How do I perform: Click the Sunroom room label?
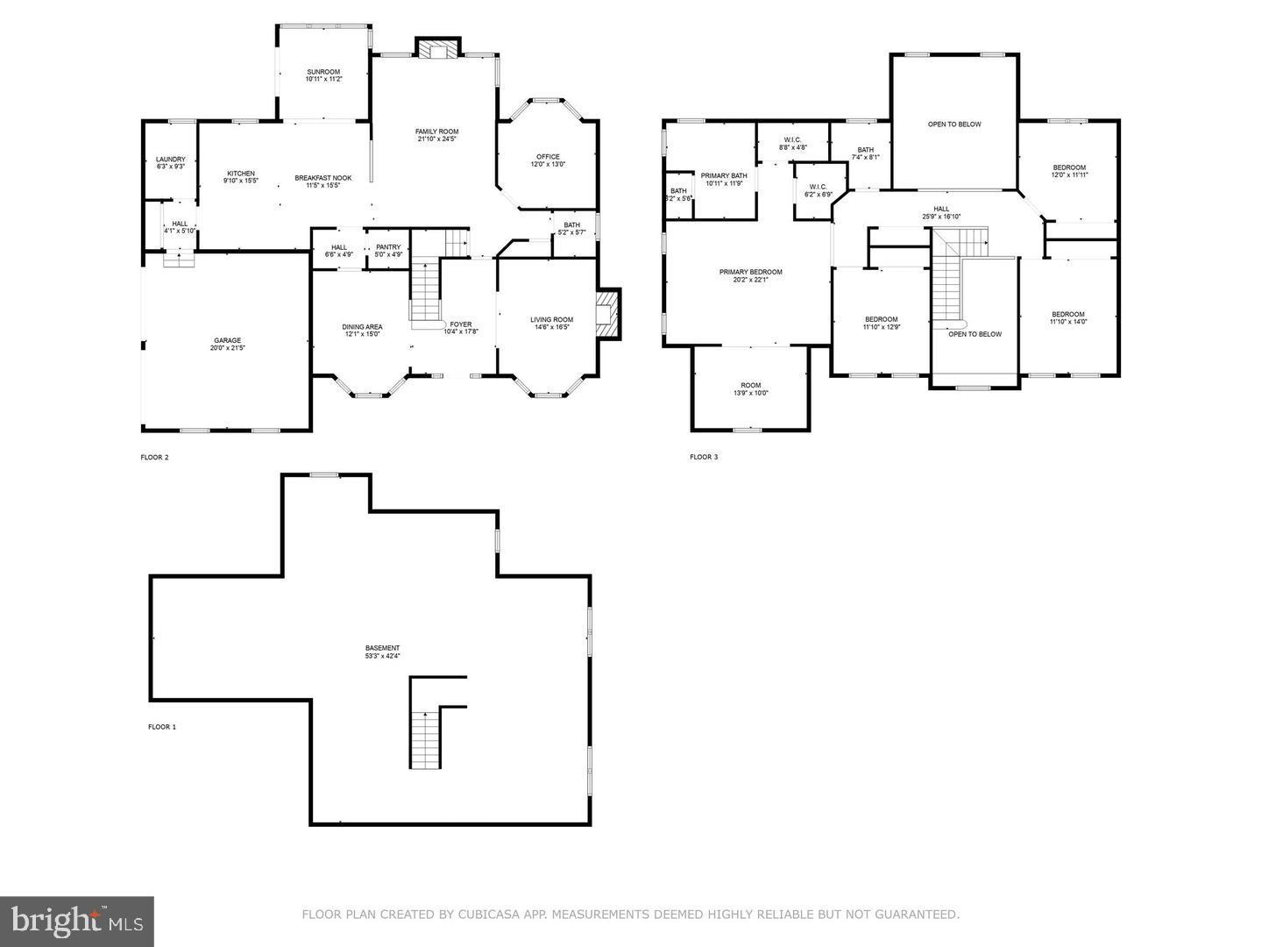tap(323, 72)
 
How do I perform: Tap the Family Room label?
tap(436, 132)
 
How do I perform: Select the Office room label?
tap(548, 158)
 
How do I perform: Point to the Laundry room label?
tap(171, 160)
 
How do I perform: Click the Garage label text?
tap(227, 341)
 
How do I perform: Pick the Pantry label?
tap(388, 247)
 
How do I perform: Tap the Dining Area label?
tap(362, 327)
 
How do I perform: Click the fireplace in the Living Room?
tap(607, 314)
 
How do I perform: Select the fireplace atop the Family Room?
tap(436, 50)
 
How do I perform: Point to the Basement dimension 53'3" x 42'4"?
tap(383, 656)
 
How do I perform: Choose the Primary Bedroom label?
tap(750, 272)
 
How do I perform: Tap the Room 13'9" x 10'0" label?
tap(751, 385)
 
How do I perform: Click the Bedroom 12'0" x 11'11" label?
tap(1069, 167)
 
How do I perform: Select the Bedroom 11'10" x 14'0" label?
tap(1068, 314)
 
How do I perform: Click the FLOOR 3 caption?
tap(704, 457)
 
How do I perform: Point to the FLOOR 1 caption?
tap(162, 727)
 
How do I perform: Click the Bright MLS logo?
tap(77, 921)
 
